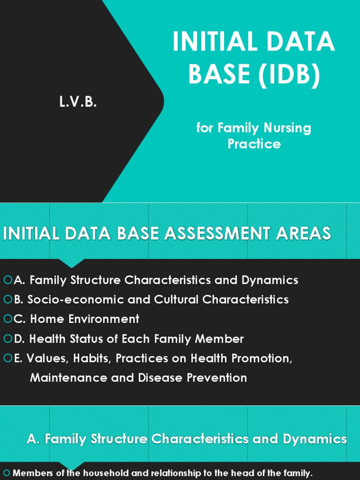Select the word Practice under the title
coord(254,143)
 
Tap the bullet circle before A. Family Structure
coord(7,280)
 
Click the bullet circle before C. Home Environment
coord(7,319)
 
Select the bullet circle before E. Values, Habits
coord(7,359)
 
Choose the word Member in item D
coord(220,339)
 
